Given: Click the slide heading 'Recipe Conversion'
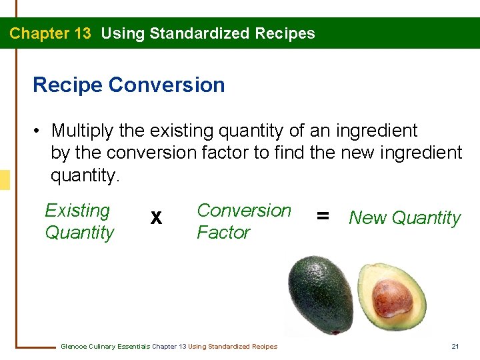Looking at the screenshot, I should click(129, 85).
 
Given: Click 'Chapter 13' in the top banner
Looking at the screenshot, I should click(50, 33).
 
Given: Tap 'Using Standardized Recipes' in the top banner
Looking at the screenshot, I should click(208, 33).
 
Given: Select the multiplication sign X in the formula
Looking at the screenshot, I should click(156, 218).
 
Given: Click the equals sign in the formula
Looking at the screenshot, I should click(323, 216).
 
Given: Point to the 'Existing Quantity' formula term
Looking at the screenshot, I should click(79, 221).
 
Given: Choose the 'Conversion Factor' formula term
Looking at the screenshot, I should click(244, 221).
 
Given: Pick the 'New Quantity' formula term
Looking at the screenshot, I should click(405, 218).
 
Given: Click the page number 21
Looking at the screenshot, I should click(455, 346).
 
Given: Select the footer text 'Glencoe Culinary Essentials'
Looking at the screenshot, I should click(105, 346).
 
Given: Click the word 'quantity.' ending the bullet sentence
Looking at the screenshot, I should click(85, 176).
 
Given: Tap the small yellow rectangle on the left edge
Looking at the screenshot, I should click(5, 180).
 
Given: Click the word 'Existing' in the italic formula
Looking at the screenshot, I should click(77, 211).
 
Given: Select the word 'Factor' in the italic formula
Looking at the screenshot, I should click(223, 233).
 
